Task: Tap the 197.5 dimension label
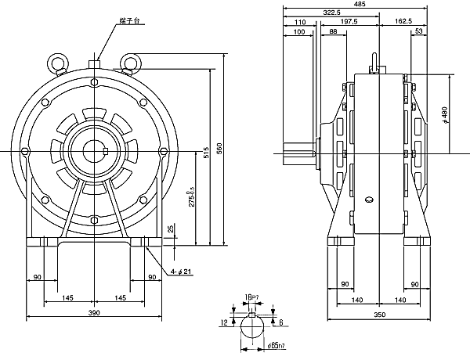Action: click(349, 23)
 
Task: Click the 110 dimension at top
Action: click(300, 23)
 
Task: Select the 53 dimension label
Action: click(419, 31)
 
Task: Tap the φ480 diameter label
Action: click(444, 113)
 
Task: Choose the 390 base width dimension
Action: click(93, 313)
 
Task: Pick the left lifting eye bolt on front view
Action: click(57, 62)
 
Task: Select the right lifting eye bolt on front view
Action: click(130, 62)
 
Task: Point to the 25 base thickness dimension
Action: click(172, 229)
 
